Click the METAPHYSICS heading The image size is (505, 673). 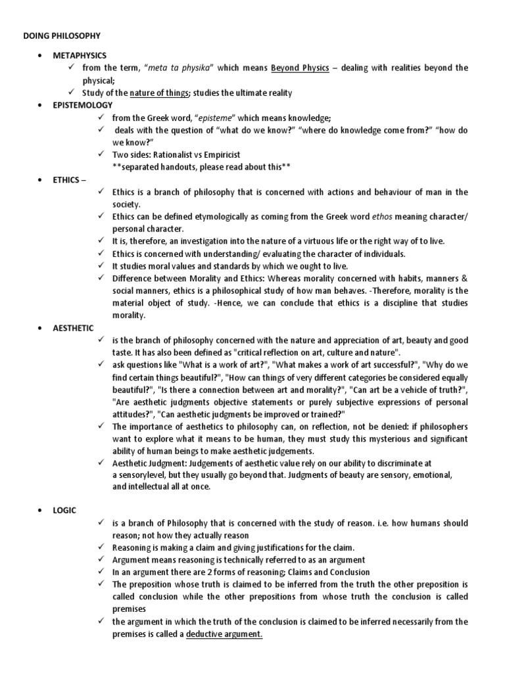click(80, 55)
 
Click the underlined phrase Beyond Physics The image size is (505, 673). click(301, 68)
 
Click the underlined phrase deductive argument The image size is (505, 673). click(224, 634)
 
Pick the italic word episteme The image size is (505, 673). click(214, 118)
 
